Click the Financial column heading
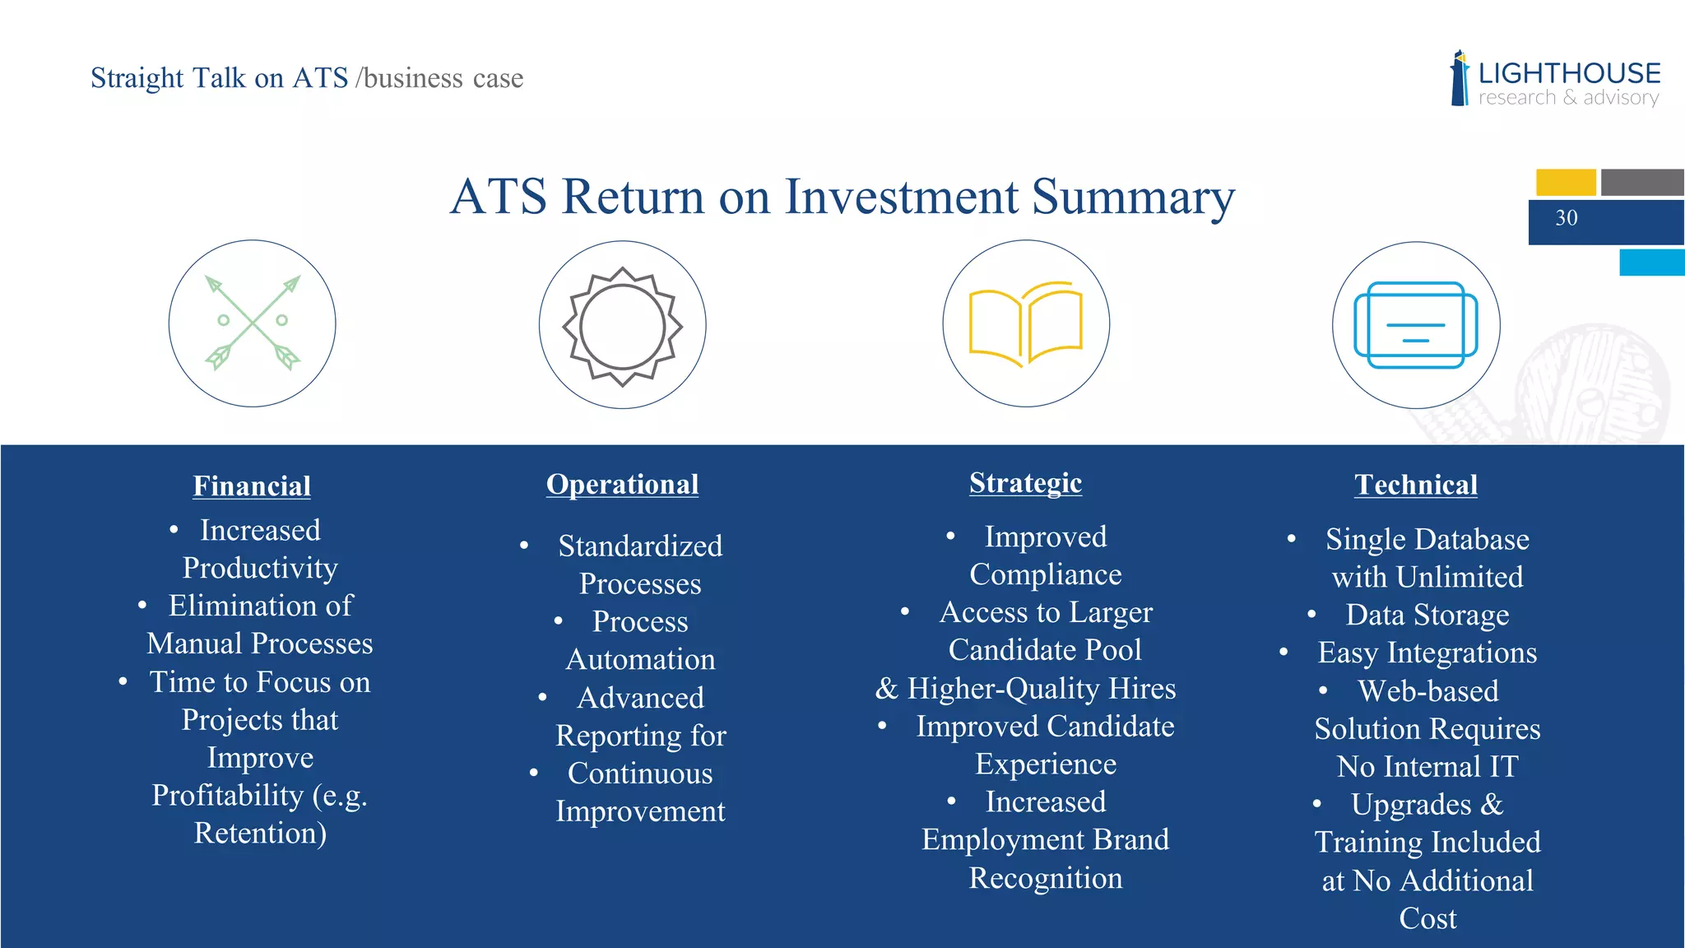(x=252, y=486)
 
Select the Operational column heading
(x=623, y=485)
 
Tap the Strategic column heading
(x=1025, y=483)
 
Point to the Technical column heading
(x=1416, y=485)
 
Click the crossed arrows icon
(x=253, y=323)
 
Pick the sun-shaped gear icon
(x=623, y=326)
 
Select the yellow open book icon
(x=1026, y=324)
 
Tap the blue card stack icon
(x=1416, y=326)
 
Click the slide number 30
(x=1567, y=218)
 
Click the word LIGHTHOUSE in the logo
(x=1569, y=73)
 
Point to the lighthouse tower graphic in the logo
(x=1460, y=79)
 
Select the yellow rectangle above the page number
(x=1566, y=182)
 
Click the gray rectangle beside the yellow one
(x=1642, y=182)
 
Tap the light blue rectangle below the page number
(x=1651, y=263)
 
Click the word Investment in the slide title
(x=902, y=197)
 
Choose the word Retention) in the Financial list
(x=260, y=834)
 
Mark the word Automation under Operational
(x=640, y=660)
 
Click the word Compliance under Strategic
(x=1045, y=575)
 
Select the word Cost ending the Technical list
(x=1427, y=918)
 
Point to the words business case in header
(x=443, y=78)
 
